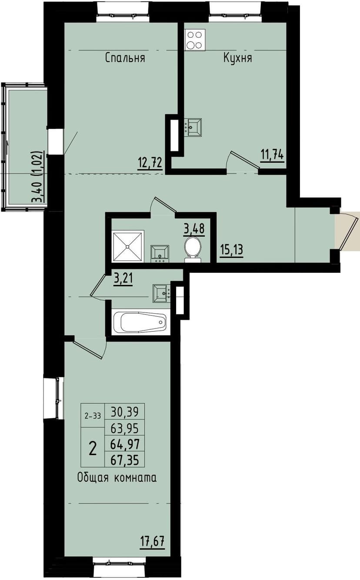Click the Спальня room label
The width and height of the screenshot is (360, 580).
125,58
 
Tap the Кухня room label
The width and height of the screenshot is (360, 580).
237,58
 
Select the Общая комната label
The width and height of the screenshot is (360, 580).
117,478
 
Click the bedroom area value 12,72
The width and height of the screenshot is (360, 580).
150,163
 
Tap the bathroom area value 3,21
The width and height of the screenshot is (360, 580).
123,278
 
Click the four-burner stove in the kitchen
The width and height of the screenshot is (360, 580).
194,40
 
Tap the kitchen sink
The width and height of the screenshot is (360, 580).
193,127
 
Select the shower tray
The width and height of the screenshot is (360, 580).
128,246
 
